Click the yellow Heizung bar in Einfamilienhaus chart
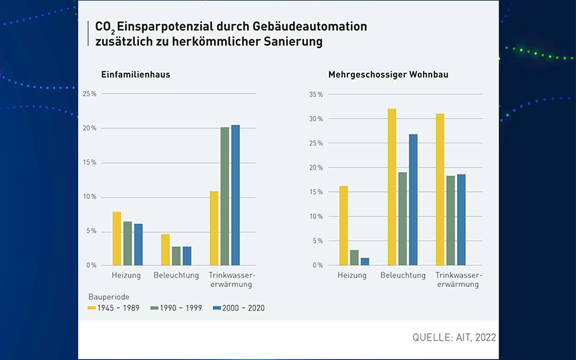(x=117, y=238)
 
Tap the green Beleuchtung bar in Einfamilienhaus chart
(x=176, y=256)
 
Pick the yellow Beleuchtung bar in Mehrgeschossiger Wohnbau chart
(x=392, y=187)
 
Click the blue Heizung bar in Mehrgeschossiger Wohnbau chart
(x=365, y=261)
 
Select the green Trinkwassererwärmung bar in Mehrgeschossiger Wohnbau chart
(x=450, y=220)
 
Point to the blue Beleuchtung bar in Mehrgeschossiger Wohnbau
(x=413, y=200)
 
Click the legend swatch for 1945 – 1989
(x=92, y=308)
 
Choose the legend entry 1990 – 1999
(x=174, y=308)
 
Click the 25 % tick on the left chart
(x=90, y=94)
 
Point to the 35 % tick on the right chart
(x=317, y=94)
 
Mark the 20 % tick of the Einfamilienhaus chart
(x=90, y=128)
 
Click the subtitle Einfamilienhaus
(x=136, y=74)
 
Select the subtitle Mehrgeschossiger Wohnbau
(x=388, y=74)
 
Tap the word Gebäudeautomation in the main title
(x=309, y=27)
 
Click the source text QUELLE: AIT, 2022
(x=454, y=337)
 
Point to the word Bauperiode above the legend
(x=109, y=295)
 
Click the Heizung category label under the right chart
(x=352, y=275)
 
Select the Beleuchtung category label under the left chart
(x=176, y=275)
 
